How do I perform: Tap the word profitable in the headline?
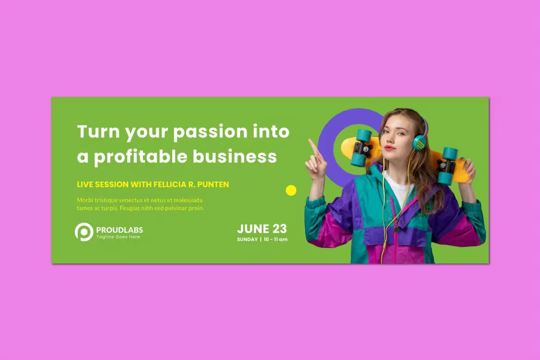click(140, 157)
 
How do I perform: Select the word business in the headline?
click(234, 156)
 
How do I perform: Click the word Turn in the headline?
click(98, 131)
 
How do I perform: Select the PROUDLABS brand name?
click(120, 230)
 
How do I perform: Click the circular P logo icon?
click(84, 232)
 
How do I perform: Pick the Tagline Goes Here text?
click(118, 237)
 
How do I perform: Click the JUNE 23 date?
click(262, 229)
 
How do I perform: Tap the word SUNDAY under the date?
click(247, 240)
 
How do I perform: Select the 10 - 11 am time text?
click(276, 240)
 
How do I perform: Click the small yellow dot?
click(291, 190)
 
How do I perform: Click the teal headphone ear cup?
click(420, 142)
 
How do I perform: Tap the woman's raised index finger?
click(313, 146)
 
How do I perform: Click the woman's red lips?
click(390, 148)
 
